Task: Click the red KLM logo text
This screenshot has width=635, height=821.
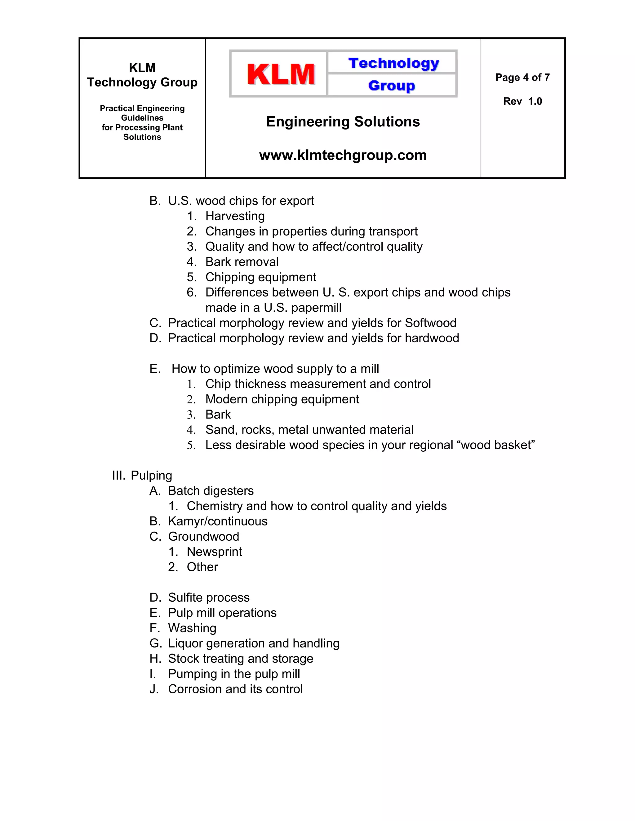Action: pyautogui.click(x=281, y=74)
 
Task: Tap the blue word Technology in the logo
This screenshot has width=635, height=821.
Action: pyautogui.click(x=393, y=63)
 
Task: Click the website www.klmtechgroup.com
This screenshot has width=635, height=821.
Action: pyautogui.click(x=343, y=155)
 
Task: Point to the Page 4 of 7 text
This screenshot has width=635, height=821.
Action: pyautogui.click(x=522, y=77)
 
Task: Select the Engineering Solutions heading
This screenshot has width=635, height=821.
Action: pyautogui.click(x=343, y=122)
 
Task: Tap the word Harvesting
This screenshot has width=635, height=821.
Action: pyautogui.click(x=235, y=216)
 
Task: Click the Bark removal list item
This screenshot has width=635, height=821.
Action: pyautogui.click(x=242, y=262)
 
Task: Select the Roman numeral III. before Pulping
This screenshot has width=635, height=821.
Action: pyautogui.click(x=118, y=476)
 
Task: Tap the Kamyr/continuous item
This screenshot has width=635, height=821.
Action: pyautogui.click(x=217, y=521)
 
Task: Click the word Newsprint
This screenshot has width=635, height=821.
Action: pyautogui.click(x=214, y=552)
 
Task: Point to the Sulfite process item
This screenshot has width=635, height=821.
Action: pyautogui.click(x=208, y=598)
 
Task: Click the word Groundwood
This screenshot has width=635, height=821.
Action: pyautogui.click(x=203, y=536)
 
